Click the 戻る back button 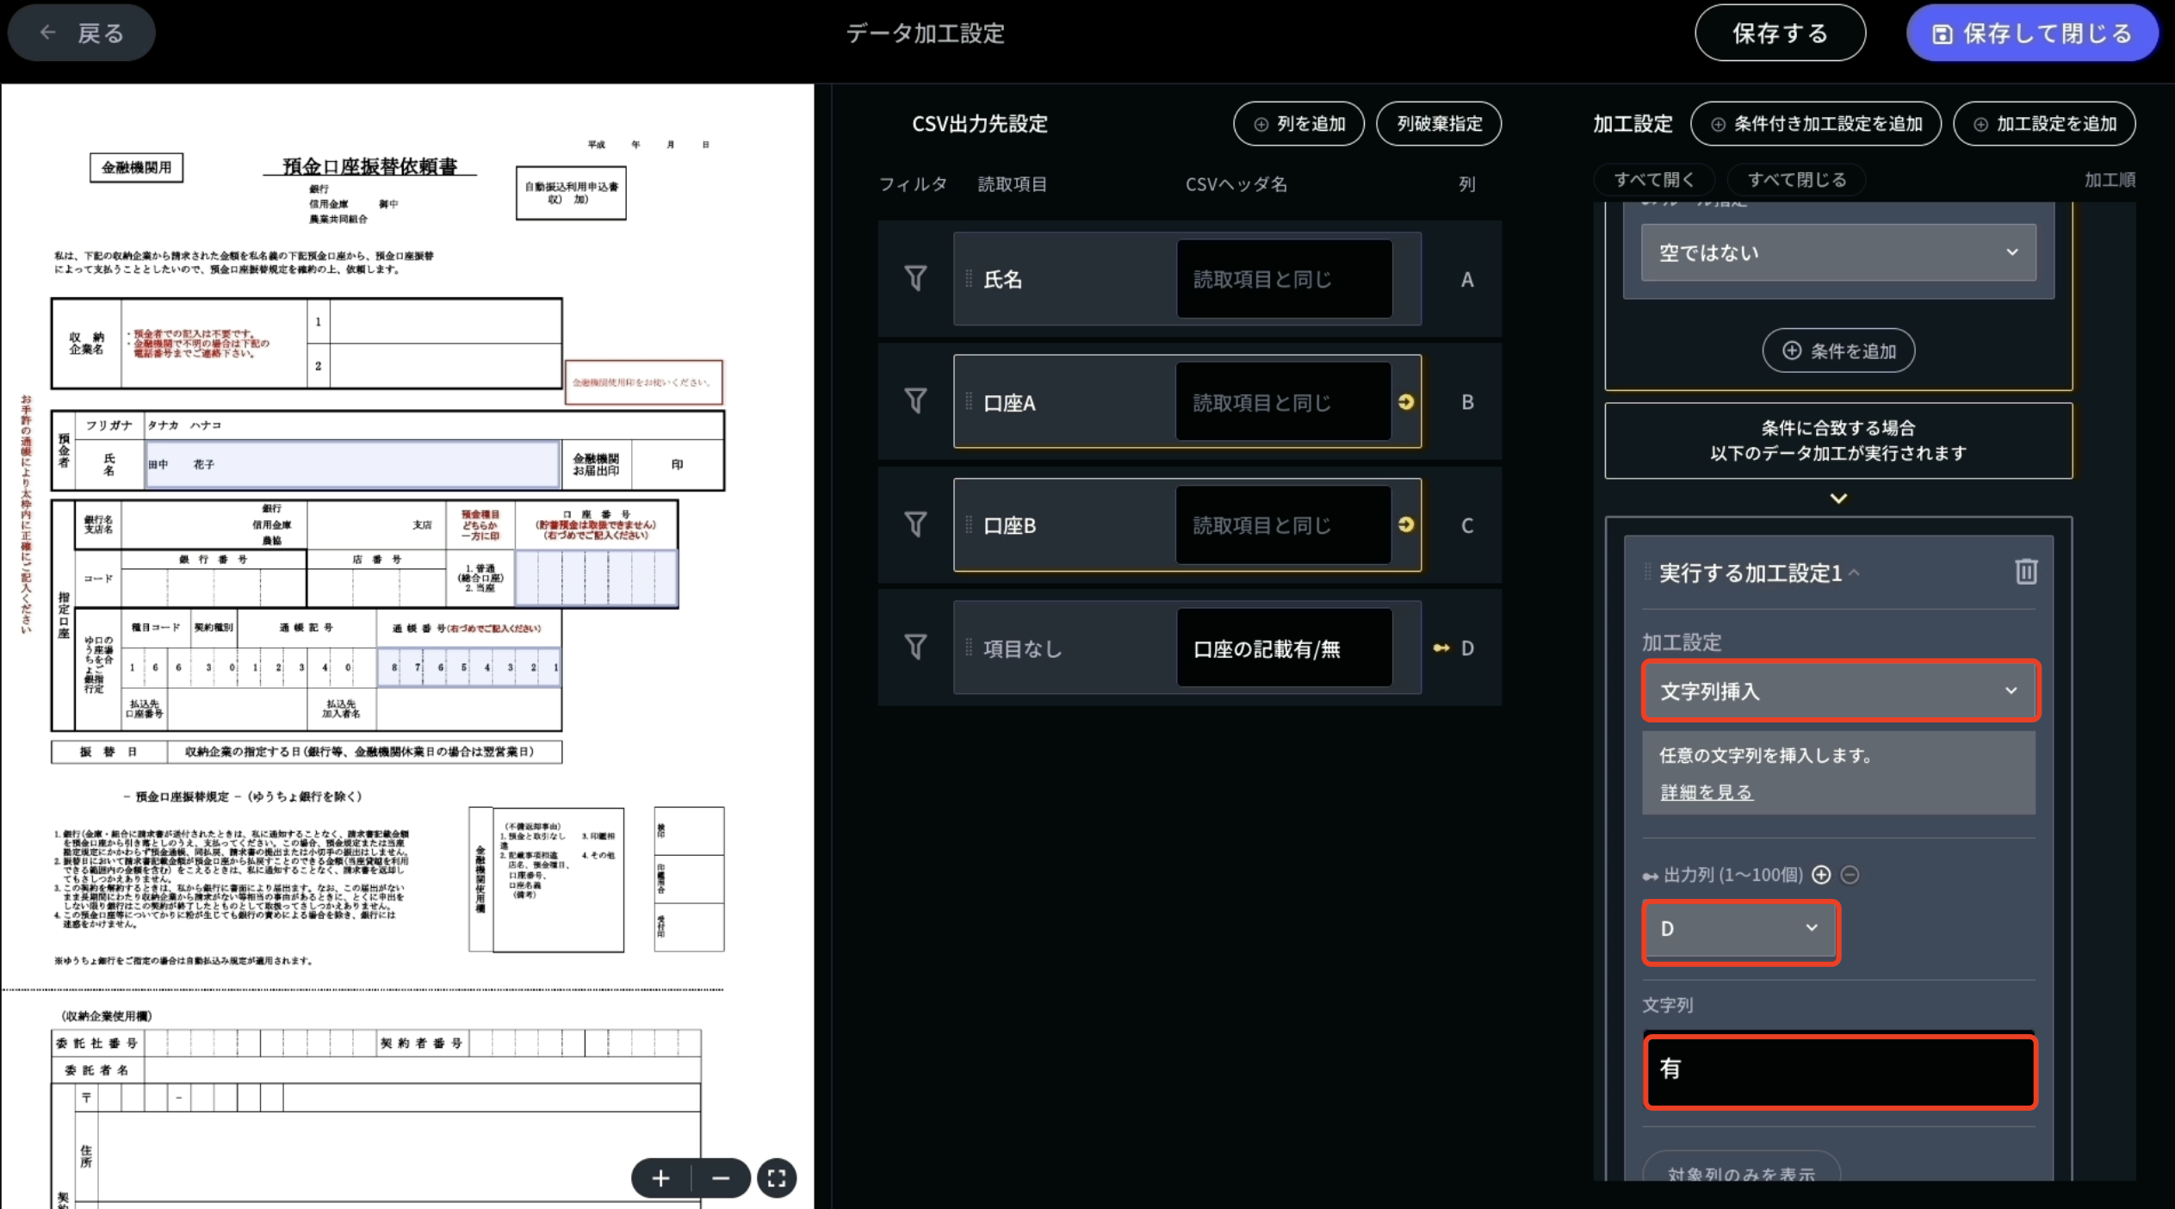pyautogui.click(x=82, y=33)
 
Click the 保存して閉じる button pyautogui.click(x=2031, y=33)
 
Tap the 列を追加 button pyautogui.click(x=1298, y=124)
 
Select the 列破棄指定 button pyautogui.click(x=1439, y=124)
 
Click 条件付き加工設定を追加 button pyautogui.click(x=1815, y=124)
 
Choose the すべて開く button pyautogui.click(x=1653, y=180)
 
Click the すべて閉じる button pyautogui.click(x=1796, y=180)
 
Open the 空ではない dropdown pyautogui.click(x=1837, y=253)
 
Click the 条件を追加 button pyautogui.click(x=1838, y=351)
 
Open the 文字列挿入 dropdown pyautogui.click(x=1839, y=691)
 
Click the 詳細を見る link pyautogui.click(x=1706, y=792)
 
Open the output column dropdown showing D pyautogui.click(x=1740, y=928)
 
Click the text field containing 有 pyautogui.click(x=1839, y=1071)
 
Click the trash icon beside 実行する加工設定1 pyautogui.click(x=2025, y=572)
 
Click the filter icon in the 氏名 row pyautogui.click(x=915, y=278)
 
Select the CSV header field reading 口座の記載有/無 pyautogui.click(x=1283, y=648)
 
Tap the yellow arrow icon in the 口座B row pyautogui.click(x=1406, y=524)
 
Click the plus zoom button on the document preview pyautogui.click(x=660, y=1178)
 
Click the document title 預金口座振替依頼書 pyautogui.click(x=370, y=166)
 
